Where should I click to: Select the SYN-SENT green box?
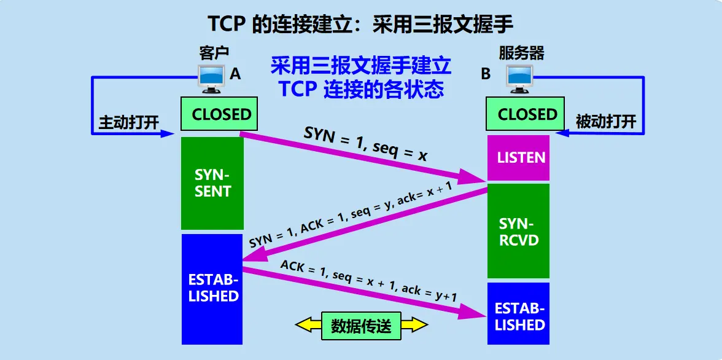212,183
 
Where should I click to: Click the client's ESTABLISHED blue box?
212,289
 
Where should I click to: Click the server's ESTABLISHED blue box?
519,316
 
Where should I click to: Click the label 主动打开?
129,122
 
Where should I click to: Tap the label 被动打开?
605,122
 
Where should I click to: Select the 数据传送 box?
361,326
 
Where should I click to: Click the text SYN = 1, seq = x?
365,144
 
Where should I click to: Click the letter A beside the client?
235,74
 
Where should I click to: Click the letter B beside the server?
486,74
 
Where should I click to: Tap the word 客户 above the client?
214,53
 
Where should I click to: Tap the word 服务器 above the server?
521,53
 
